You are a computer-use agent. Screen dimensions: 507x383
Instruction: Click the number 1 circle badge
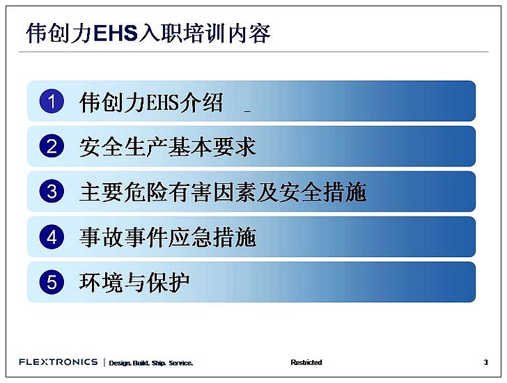coord(52,101)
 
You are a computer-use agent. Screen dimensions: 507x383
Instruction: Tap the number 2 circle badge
coord(52,146)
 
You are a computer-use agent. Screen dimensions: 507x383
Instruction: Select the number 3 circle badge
coord(52,191)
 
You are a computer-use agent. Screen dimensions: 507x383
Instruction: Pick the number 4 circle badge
coord(52,237)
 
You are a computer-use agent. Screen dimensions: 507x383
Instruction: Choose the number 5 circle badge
coord(52,282)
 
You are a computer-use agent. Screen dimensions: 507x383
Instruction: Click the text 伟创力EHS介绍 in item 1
coord(151,102)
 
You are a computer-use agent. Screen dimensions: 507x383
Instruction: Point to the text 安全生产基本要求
coord(168,147)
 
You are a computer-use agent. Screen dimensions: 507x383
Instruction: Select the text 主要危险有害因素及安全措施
coord(223,192)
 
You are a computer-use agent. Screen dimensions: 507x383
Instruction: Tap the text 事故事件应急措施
coord(168,237)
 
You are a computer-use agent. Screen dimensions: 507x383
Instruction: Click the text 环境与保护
coord(134,283)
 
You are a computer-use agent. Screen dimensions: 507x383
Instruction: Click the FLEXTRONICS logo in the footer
coord(58,361)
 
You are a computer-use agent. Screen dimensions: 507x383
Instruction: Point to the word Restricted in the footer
coord(306,362)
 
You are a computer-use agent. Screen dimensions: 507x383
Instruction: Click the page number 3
coord(485,362)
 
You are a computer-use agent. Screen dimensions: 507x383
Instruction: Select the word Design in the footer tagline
coord(120,363)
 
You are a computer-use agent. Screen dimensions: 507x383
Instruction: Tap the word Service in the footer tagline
coord(181,363)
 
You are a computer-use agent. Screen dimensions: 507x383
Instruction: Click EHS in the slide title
coord(116,33)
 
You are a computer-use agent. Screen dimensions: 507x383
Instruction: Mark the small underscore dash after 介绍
coord(247,111)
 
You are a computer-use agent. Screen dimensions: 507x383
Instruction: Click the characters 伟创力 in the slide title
coord(59,33)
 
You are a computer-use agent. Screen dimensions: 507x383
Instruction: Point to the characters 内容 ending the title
coord(249,33)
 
